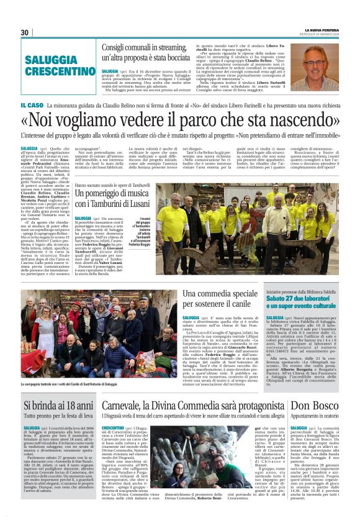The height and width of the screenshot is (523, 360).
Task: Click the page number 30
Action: pos(25,32)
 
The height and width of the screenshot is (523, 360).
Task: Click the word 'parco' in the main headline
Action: pos(199,119)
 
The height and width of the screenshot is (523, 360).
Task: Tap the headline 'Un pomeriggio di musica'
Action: pos(116,194)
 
